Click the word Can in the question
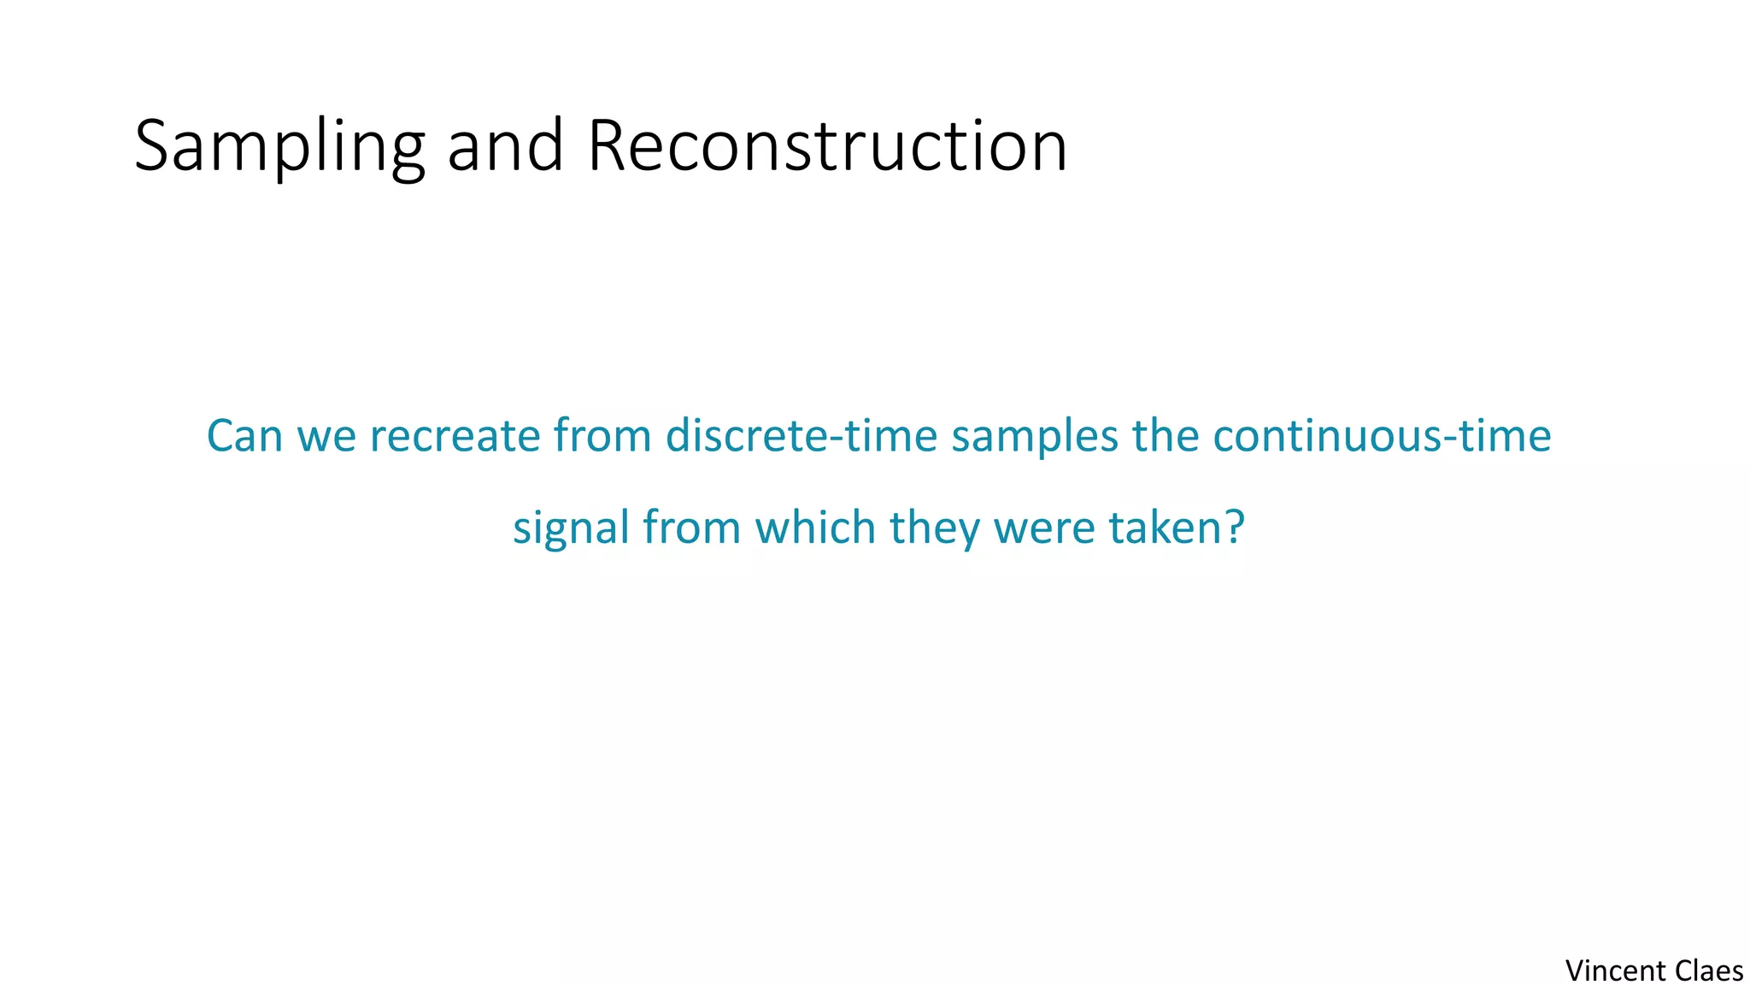(x=244, y=436)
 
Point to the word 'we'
(x=326, y=436)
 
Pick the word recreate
(x=455, y=436)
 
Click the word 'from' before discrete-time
(x=602, y=436)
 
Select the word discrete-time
(x=802, y=436)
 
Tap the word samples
(x=1035, y=436)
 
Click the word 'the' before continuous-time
(x=1166, y=436)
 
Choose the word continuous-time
(x=1382, y=436)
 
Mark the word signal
(x=571, y=528)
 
